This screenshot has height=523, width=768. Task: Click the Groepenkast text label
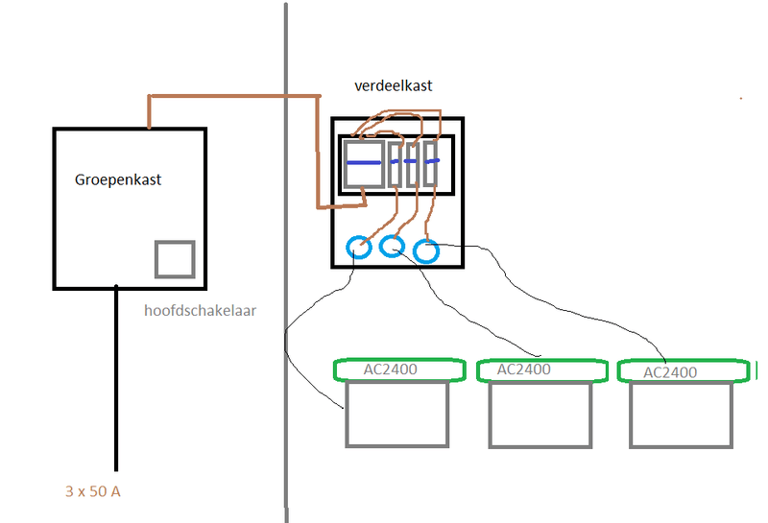(x=118, y=179)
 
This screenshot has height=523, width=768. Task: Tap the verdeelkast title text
(x=394, y=85)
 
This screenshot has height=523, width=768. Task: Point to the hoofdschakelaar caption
(x=201, y=311)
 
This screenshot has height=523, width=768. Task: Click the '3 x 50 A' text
(x=93, y=491)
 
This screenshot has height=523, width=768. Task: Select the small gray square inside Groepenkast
(x=175, y=260)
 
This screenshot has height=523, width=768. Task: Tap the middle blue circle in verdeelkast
(x=392, y=246)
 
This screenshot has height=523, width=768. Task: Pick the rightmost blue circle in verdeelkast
(x=426, y=251)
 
